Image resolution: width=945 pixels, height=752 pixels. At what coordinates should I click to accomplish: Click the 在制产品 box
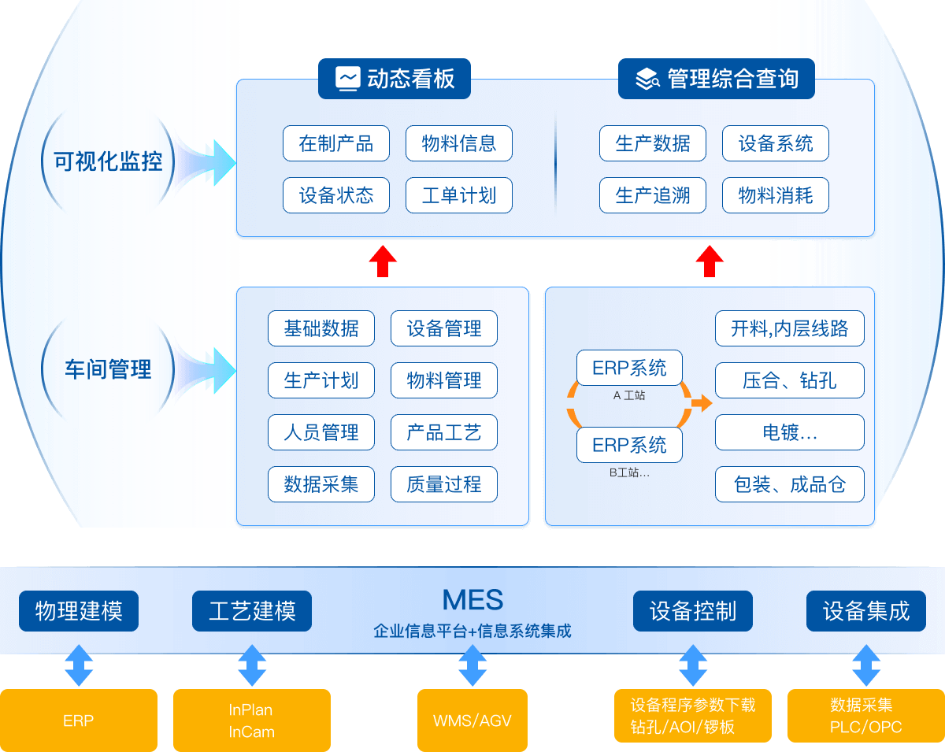click(336, 143)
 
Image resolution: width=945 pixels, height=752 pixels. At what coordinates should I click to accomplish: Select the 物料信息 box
click(459, 143)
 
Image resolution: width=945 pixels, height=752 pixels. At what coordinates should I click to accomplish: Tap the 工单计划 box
click(459, 195)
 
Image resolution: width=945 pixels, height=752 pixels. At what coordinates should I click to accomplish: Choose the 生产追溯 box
click(653, 195)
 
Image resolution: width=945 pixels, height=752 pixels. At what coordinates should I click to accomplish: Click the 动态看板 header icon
click(347, 79)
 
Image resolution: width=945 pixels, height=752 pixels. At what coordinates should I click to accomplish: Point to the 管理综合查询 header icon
click(647, 79)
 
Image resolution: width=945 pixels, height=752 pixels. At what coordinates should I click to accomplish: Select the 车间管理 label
click(108, 369)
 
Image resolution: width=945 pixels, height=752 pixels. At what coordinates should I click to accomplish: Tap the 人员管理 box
click(321, 432)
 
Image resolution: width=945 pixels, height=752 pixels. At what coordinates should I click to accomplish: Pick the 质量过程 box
click(444, 484)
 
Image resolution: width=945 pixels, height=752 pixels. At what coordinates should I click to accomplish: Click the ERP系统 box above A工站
click(629, 368)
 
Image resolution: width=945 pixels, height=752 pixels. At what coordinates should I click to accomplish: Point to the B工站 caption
click(629, 473)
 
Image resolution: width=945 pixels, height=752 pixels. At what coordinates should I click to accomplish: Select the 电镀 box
click(790, 432)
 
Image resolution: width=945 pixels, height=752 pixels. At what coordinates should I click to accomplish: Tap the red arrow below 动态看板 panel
click(383, 261)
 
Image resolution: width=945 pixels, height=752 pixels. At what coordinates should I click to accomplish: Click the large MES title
click(472, 600)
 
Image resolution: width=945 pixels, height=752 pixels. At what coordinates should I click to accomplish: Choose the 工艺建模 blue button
click(252, 611)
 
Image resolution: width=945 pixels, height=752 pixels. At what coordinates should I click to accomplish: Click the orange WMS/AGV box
click(472, 721)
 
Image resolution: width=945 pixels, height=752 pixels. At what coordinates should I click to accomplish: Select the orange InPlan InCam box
click(252, 721)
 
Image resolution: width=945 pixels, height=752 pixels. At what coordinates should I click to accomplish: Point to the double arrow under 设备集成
click(866, 666)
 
